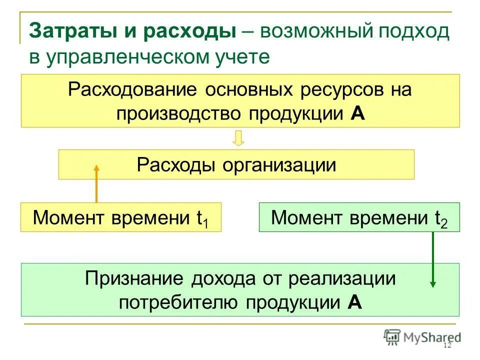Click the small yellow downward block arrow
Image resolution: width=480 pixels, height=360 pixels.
click(x=239, y=138)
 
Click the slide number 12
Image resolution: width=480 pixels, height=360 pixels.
click(x=447, y=346)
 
